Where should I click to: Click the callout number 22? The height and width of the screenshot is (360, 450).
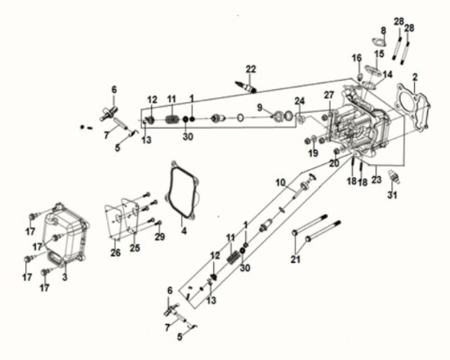251,68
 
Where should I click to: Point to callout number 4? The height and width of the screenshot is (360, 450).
183,231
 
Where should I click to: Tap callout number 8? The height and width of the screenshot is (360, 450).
382,31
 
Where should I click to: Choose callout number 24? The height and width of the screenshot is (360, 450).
299,101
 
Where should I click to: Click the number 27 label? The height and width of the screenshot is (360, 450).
329,96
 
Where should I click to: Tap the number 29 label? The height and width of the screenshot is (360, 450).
161,236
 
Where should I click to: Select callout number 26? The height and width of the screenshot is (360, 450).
115,251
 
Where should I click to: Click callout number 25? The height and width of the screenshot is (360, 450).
135,247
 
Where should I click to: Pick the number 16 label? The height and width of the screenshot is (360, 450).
356,57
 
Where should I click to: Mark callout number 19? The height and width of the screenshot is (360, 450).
312,153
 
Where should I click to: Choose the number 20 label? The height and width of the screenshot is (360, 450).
333,163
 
